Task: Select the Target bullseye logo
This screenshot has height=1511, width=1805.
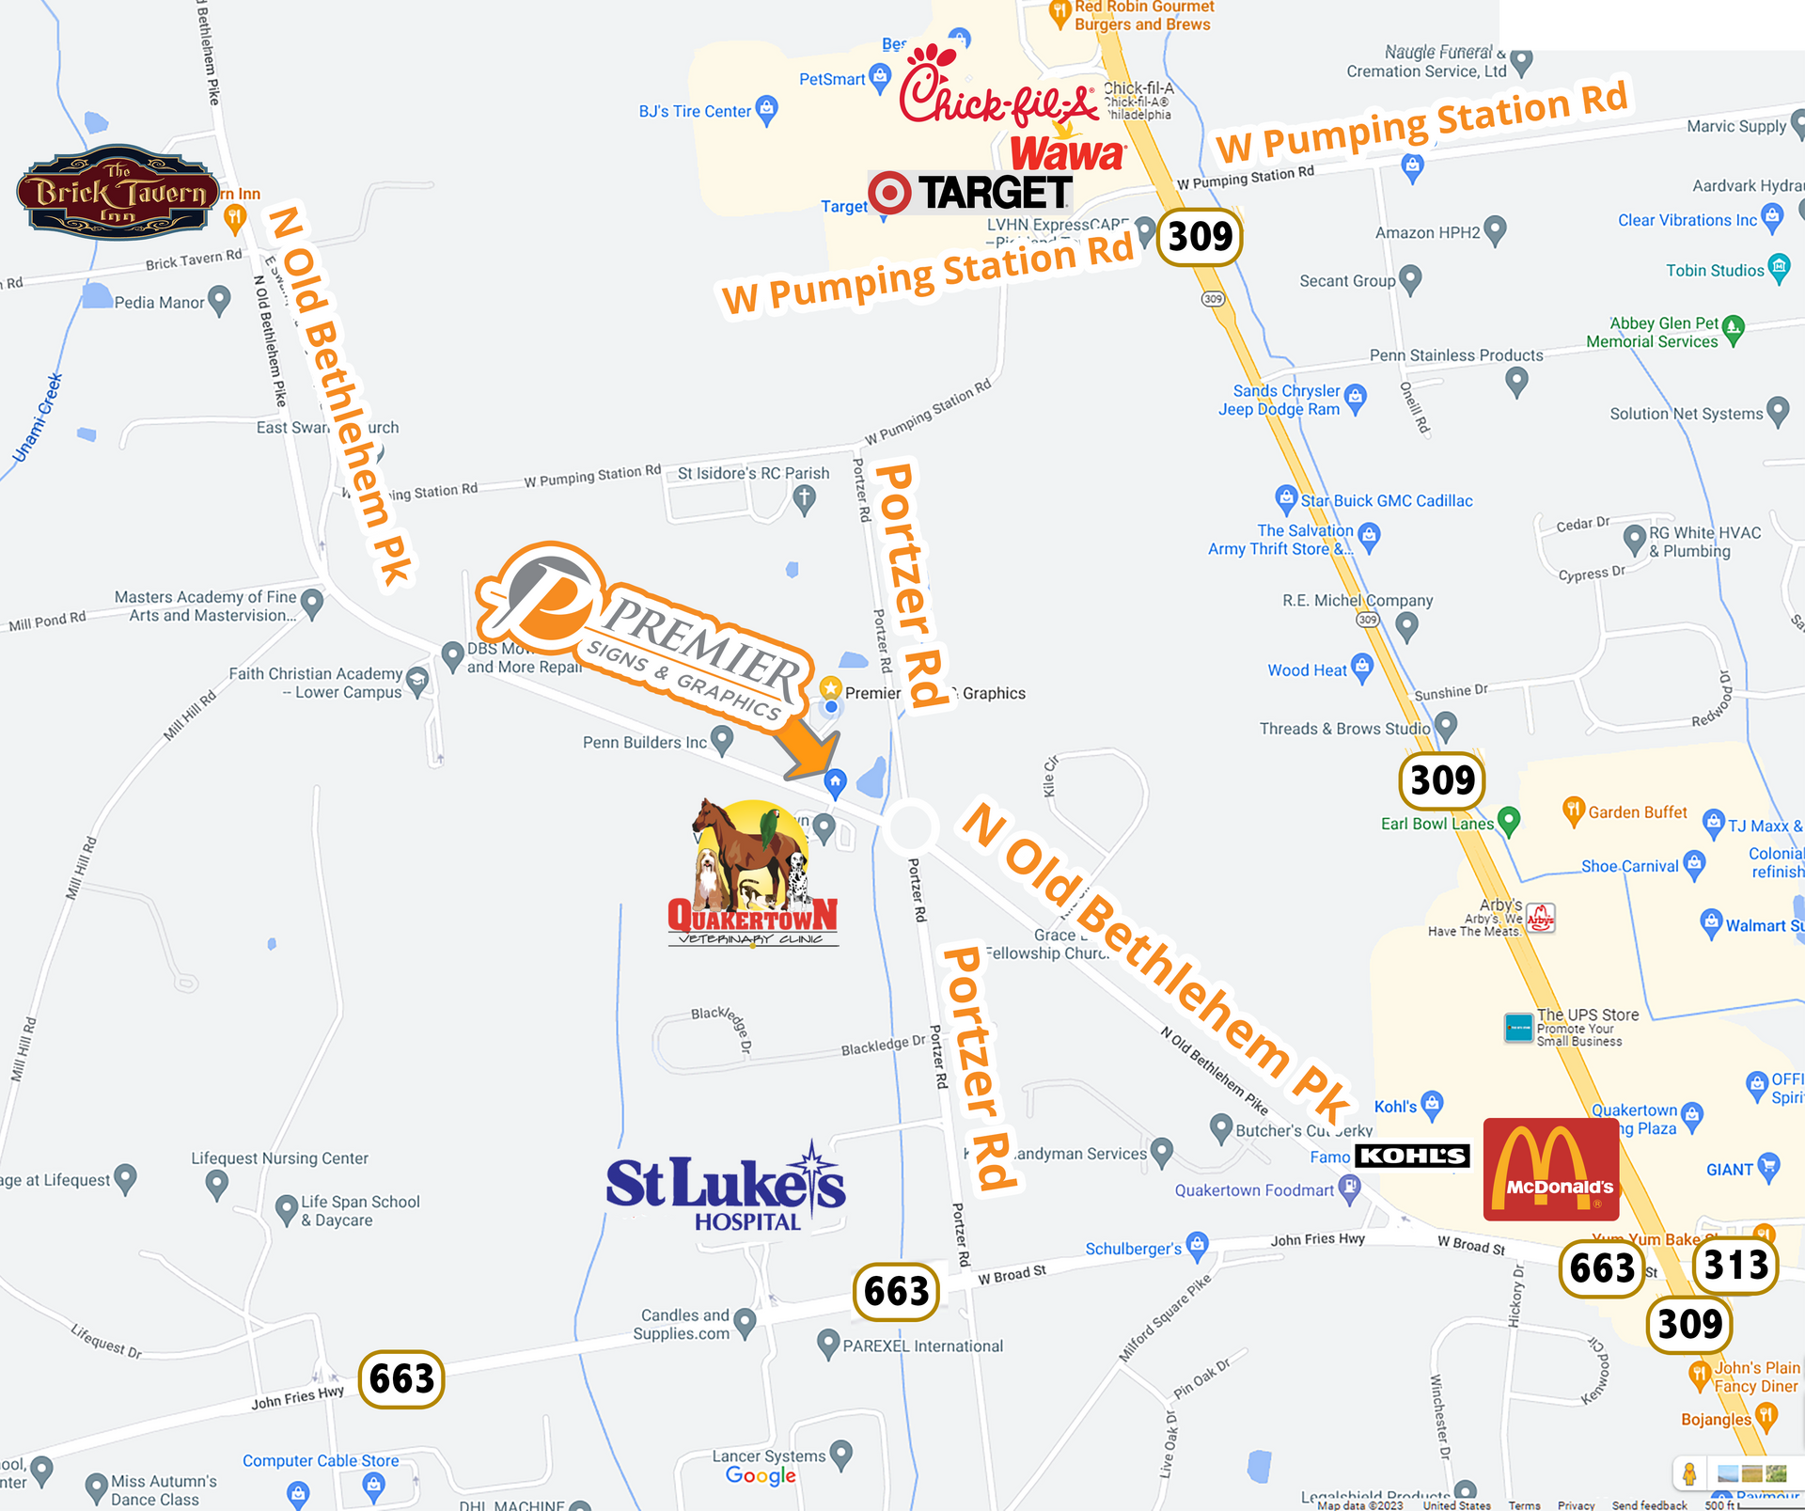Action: pos(889,193)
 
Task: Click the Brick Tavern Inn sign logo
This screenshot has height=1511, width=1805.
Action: pos(118,192)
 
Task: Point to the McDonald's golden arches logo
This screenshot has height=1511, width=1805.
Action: pos(1550,1169)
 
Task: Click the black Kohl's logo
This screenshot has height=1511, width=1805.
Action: pos(1413,1156)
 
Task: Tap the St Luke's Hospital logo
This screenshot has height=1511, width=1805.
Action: pos(726,1188)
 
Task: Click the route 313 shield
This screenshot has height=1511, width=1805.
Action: pos(1735,1264)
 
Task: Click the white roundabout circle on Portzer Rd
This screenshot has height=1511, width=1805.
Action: pos(910,826)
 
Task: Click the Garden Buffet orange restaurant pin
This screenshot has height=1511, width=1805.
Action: pos(1573,811)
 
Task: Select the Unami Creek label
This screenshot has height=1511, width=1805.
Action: pos(38,418)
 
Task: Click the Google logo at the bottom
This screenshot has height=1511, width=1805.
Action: pos(761,1476)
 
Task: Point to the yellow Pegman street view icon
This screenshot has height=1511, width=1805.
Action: pos(1689,1473)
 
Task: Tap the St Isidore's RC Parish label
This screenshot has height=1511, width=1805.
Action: pos(753,473)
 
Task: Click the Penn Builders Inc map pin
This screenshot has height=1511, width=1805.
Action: pos(721,740)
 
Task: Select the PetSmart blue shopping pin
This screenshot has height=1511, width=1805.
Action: pos(880,77)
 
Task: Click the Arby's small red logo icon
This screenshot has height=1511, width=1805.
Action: pos(1540,918)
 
